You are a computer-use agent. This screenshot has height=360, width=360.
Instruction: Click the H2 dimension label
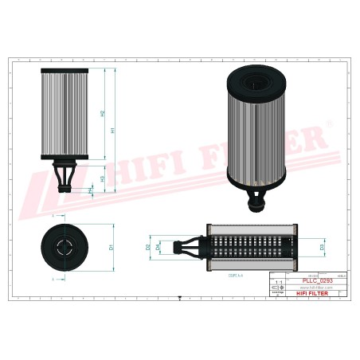point(103,113)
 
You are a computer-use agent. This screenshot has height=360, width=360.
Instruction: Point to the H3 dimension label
point(103,178)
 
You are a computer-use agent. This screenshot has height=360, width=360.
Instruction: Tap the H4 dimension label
point(90,190)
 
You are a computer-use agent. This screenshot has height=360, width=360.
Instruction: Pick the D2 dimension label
point(148,247)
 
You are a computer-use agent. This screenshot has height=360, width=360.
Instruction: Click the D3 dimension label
point(322,248)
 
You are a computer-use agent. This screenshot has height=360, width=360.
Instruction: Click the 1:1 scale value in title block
point(278,283)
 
